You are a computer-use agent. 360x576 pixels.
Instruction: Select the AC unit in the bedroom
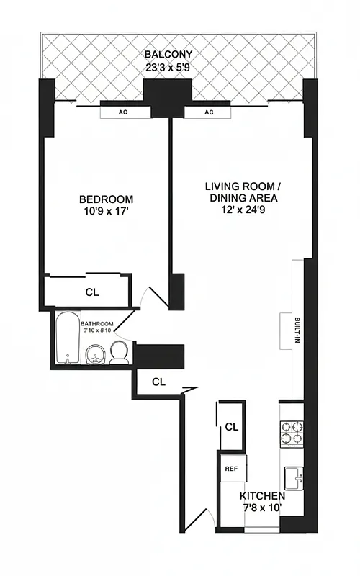pyautogui.click(x=124, y=112)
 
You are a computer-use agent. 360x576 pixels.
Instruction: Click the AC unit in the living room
pyautogui.click(x=209, y=112)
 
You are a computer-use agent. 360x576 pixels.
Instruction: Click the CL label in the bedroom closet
pyautogui.click(x=92, y=292)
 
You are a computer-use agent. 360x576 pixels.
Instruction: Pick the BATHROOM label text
pyautogui.click(x=95, y=323)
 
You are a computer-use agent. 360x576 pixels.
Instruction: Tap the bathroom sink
pyautogui.click(x=94, y=354)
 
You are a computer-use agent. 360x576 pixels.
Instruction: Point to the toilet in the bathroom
pyautogui.click(x=120, y=353)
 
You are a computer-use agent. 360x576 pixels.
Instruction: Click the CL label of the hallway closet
pyautogui.click(x=159, y=382)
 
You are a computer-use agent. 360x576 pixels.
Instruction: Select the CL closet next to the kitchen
pyautogui.click(x=230, y=427)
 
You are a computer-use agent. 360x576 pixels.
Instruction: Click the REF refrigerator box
pyautogui.click(x=232, y=468)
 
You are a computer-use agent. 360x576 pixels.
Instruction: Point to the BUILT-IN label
pyautogui.click(x=297, y=330)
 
